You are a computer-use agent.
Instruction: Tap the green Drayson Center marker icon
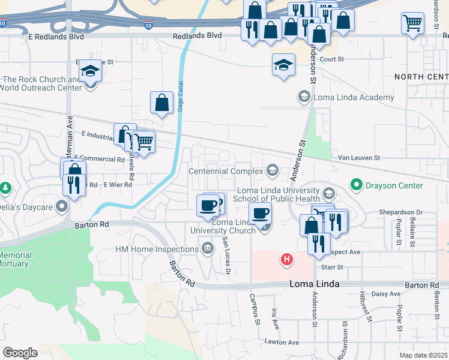pyautogui.click(x=356, y=185)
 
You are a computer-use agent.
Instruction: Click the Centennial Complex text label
pyautogui.click(x=226, y=171)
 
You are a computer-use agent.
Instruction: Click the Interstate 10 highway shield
pyautogui.click(x=148, y=26)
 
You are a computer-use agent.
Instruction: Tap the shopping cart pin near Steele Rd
pyautogui.click(x=143, y=142)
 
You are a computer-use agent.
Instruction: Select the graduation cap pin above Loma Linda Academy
pyautogui.click(x=283, y=65)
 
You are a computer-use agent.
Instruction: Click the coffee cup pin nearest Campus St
pyautogui.click(x=261, y=213)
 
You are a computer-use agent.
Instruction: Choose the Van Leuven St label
pyautogui.click(x=359, y=157)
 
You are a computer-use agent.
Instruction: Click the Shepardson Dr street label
pyautogui.click(x=401, y=212)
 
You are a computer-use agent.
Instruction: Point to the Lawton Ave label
pyautogui.click(x=282, y=342)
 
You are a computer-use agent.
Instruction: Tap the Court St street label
pyautogui.click(x=331, y=59)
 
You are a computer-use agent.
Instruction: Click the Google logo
pyautogui.click(x=20, y=353)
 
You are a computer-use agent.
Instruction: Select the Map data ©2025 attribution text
pyautogui.click(x=423, y=356)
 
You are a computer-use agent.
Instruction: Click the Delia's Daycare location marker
pyautogui.click(x=62, y=207)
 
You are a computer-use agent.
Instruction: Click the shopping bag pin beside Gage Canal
pyautogui.click(x=161, y=103)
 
